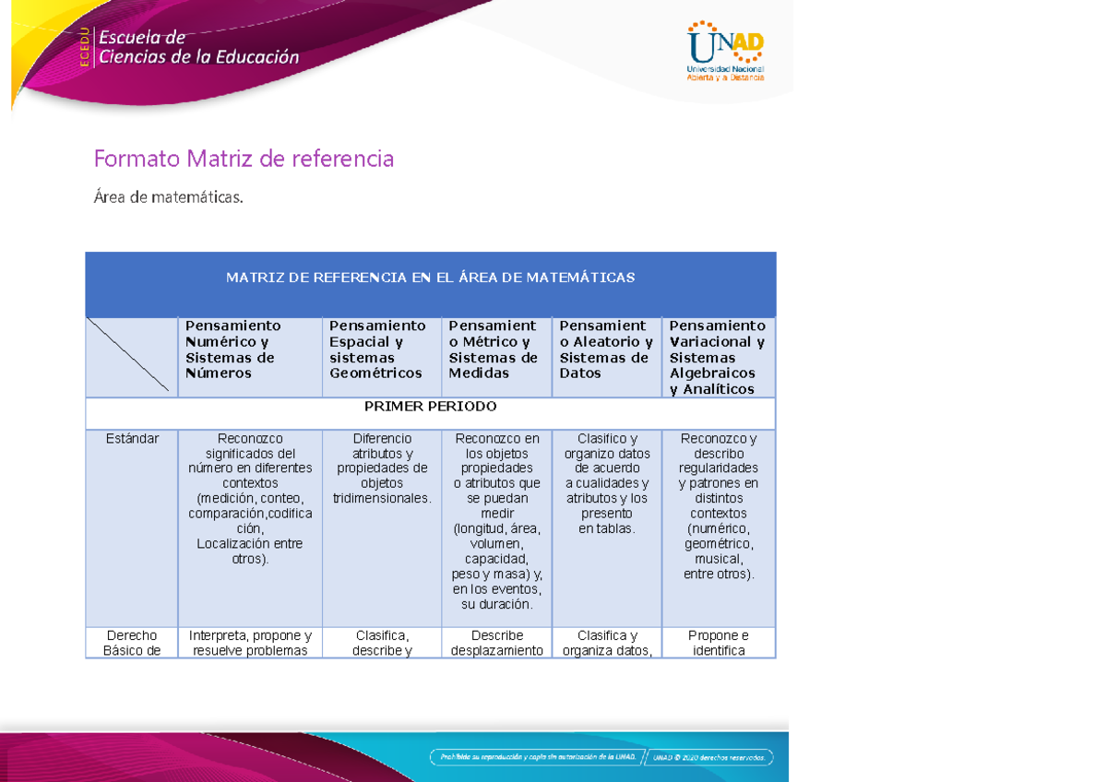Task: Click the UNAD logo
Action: [725, 52]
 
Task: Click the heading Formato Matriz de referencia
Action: [244, 160]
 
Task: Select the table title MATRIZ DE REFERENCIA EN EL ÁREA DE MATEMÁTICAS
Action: [430, 278]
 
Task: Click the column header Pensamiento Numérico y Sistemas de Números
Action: [233, 350]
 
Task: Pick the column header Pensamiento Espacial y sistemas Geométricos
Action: [377, 350]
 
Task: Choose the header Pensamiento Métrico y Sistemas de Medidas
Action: [494, 350]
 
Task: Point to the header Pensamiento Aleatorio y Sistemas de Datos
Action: [605, 350]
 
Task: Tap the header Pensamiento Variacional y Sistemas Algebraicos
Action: [718, 357]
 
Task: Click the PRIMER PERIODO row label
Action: [430, 407]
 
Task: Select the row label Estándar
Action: [132, 439]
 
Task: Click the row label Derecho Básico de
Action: [132, 643]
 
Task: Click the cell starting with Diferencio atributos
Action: [382, 468]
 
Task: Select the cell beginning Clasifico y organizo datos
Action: [607, 483]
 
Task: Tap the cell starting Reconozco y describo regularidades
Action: [719, 505]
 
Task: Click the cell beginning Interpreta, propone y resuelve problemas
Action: [250, 643]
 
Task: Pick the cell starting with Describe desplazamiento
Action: [497, 643]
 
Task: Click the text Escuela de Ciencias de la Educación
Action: [198, 47]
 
